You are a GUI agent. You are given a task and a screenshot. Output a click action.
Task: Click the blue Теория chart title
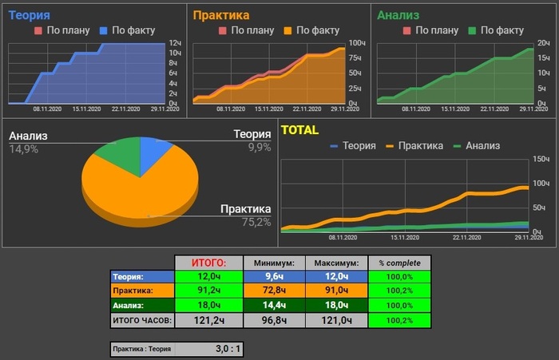point(29,14)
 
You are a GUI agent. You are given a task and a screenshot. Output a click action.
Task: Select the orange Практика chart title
point(221,14)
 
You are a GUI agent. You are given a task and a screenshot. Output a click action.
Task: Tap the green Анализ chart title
point(398,14)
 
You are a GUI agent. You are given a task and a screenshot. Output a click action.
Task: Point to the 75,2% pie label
point(256,222)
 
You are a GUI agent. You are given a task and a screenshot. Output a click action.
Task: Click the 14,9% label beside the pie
point(24,149)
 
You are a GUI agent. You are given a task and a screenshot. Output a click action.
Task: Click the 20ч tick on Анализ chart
point(543,44)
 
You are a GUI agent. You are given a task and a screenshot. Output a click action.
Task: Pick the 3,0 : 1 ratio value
point(229,348)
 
